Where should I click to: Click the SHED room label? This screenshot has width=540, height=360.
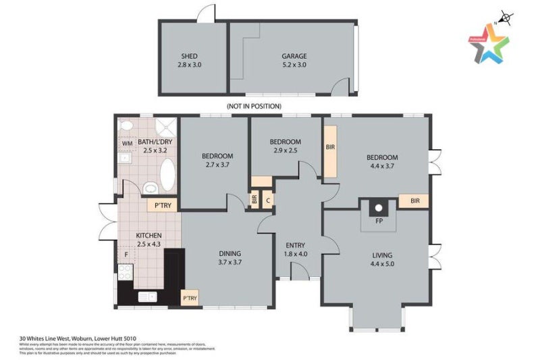[x=189, y=56]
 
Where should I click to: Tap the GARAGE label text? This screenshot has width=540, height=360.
[x=294, y=56]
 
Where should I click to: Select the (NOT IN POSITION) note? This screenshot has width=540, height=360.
[x=254, y=106]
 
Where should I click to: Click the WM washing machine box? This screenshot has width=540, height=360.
[x=127, y=143]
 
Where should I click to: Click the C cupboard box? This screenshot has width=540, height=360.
[x=268, y=200]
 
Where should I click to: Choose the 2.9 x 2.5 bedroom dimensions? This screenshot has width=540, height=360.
[x=285, y=151]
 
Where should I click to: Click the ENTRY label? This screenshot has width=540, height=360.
[x=296, y=245]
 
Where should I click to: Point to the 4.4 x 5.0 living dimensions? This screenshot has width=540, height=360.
[x=382, y=264]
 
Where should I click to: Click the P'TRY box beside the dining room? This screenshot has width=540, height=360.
[x=190, y=298]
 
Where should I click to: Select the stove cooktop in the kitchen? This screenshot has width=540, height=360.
[x=125, y=273]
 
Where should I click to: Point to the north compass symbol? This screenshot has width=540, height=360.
[x=503, y=16]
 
